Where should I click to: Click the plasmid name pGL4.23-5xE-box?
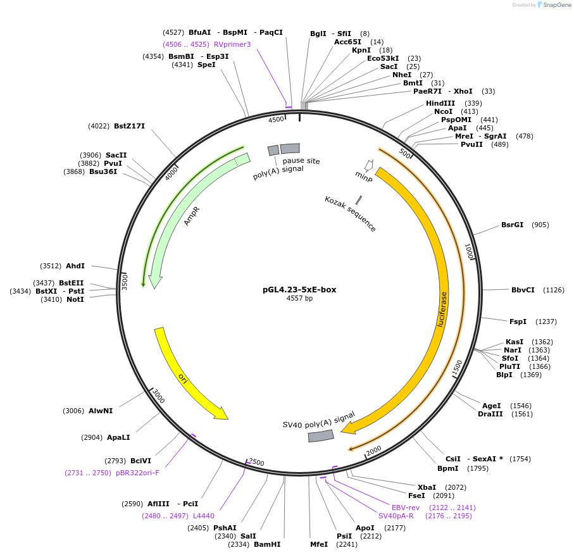[299, 290]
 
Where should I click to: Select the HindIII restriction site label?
[440, 103]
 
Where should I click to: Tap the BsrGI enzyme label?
[512, 225]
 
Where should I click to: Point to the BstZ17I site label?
[129, 126]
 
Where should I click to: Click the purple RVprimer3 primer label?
[232, 44]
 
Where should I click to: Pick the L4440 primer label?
[204, 516]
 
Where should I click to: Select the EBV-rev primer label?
[406, 508]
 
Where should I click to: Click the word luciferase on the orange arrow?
[442, 309]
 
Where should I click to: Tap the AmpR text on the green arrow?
[192, 216]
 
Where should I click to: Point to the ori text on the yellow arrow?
[183, 378]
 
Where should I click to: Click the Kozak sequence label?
[350, 214]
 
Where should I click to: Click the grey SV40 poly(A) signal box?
[321, 436]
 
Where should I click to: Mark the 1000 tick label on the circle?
[469, 252]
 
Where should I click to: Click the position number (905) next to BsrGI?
[540, 225]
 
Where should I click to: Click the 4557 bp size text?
[299, 298]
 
